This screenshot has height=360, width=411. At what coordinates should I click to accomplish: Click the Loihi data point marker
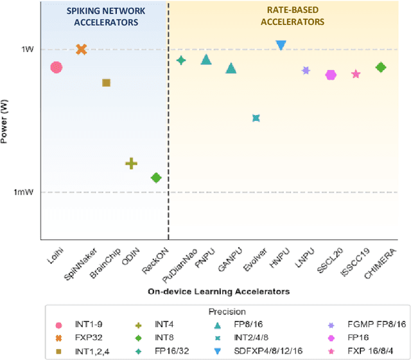(x=56, y=67)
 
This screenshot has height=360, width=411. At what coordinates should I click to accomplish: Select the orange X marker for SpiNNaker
(x=82, y=49)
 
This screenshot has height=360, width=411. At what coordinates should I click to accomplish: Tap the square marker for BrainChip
(x=107, y=82)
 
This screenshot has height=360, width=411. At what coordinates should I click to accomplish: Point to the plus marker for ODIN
(x=131, y=163)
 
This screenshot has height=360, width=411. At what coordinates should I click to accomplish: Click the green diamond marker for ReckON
(x=155, y=177)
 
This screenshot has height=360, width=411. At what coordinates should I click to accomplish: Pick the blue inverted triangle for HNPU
(x=281, y=45)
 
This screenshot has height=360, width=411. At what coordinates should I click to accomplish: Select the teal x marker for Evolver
(x=256, y=118)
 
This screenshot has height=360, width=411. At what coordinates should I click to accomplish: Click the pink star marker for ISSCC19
(x=356, y=74)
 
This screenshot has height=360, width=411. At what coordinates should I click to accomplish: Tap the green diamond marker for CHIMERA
(x=381, y=67)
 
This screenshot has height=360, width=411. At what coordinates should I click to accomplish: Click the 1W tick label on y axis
(x=28, y=50)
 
